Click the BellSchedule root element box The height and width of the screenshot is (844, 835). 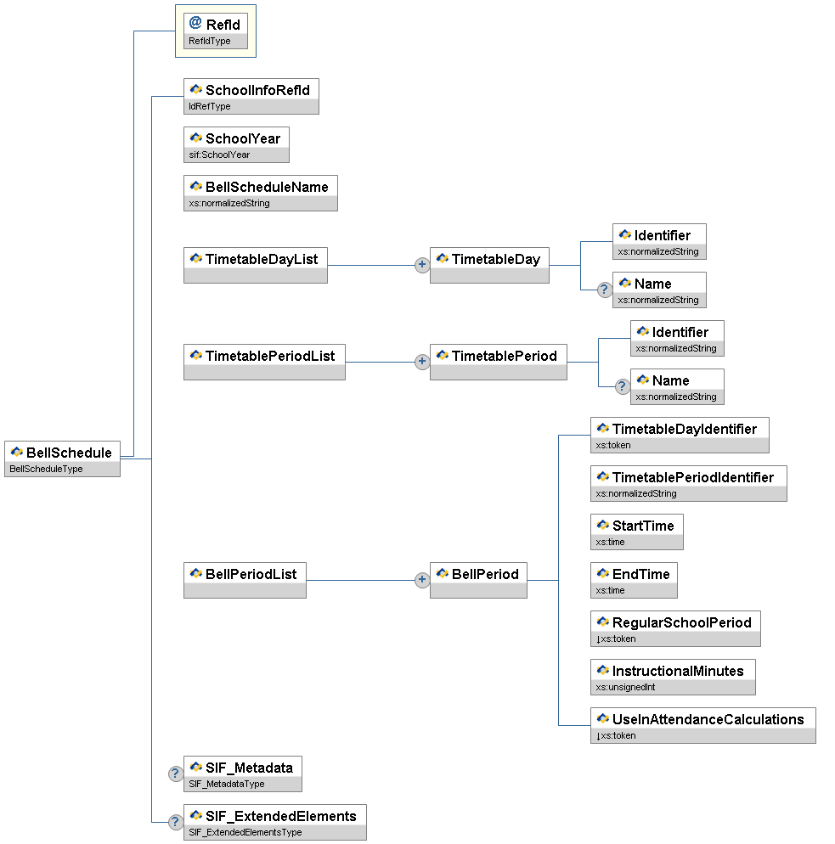tap(62, 459)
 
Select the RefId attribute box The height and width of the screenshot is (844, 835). tap(216, 31)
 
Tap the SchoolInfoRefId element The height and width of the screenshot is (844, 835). tap(251, 96)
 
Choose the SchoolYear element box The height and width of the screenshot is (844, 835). tap(235, 144)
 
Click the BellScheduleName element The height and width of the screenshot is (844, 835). tap(260, 193)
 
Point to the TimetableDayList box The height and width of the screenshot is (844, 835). tap(255, 265)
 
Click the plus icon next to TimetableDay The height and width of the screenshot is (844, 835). tap(421, 265)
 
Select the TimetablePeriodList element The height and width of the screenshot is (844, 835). tap(264, 362)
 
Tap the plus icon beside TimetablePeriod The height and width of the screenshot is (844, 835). tap(421, 362)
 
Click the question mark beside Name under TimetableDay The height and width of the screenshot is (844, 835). tap(604, 290)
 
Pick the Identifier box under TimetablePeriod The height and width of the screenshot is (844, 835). tap(677, 338)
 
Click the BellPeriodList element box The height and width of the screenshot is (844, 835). tap(245, 580)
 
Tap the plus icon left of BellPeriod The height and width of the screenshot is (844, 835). tap(421, 580)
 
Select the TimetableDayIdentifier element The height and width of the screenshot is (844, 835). tap(680, 435)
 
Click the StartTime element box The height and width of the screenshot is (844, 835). tap(636, 532)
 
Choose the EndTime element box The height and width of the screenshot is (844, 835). tap(634, 580)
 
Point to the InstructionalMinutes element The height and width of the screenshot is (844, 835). tap(673, 677)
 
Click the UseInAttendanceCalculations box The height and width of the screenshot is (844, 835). tap(702, 725)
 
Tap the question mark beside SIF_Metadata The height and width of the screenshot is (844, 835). tap(175, 774)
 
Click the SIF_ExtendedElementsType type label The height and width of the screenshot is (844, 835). tap(245, 832)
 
